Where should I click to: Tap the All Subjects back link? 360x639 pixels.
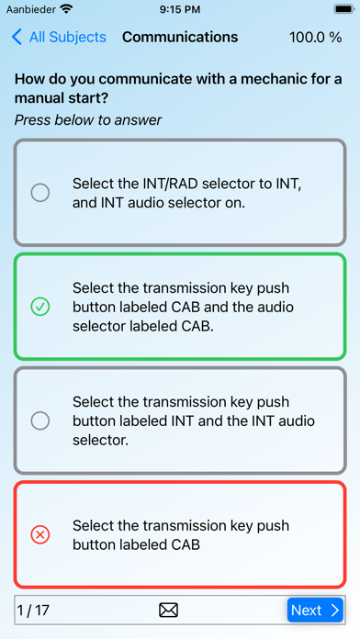59,37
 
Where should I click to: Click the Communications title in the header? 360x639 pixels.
180,37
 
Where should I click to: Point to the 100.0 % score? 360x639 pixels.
316,38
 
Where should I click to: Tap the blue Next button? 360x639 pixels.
315,610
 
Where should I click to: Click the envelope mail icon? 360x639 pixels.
168,610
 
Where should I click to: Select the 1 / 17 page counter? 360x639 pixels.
33,610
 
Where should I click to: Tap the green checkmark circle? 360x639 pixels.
40,307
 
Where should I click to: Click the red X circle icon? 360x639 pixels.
40,534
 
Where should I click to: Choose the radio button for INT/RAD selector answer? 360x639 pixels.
40,193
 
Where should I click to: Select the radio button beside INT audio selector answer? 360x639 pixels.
40,420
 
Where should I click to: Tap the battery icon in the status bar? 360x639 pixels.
344,9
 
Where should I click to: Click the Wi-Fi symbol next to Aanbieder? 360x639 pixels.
65,8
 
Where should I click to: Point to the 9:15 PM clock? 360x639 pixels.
180,9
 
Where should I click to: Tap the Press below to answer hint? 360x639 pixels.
88,120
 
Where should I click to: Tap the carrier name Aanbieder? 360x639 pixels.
31,9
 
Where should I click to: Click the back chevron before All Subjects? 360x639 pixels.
17,37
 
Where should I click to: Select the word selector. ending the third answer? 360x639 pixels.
101,440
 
